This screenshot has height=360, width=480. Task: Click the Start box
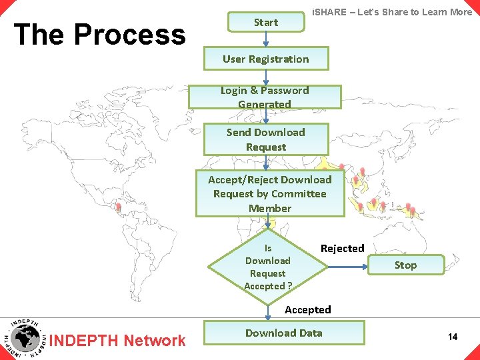pos(265,22)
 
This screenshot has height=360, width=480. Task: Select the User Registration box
pos(265,59)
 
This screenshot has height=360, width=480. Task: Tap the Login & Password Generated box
pos(265,97)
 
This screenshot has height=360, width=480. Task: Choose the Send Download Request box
pos(265,139)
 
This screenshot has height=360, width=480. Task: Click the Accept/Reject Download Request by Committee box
pos(269,193)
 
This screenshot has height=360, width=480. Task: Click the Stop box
pos(405,265)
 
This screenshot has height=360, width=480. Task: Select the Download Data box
pos(284,333)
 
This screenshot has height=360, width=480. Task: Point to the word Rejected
pos(342,248)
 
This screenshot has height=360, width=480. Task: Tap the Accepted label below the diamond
pos(307,309)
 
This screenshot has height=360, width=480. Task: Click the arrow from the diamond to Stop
pos(348,266)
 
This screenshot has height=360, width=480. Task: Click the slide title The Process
pos(99,34)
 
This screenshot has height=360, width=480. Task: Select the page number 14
pos(453,337)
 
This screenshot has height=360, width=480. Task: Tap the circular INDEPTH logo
pos(25,337)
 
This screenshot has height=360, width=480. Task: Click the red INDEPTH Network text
pos(118,341)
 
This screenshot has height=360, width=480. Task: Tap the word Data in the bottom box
pos(310,333)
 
